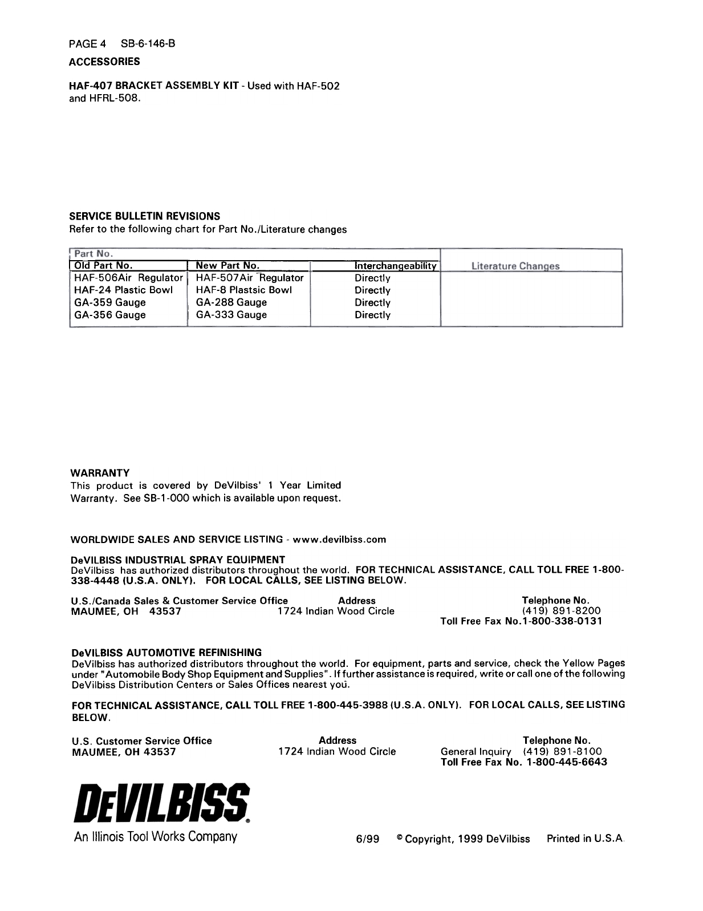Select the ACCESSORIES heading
click(104, 61)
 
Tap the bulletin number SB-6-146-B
click(148, 43)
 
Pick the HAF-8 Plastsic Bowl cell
click(244, 290)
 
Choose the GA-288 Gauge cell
click(231, 302)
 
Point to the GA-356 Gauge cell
click(110, 315)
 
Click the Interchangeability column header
click(396, 266)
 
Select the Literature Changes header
click(515, 266)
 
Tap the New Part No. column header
click(227, 265)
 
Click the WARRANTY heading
click(100, 473)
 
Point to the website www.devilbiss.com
click(339, 539)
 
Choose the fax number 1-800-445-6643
click(567, 762)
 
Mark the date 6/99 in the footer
click(368, 839)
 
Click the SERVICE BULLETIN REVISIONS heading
click(144, 216)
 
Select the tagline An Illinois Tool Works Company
click(155, 837)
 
